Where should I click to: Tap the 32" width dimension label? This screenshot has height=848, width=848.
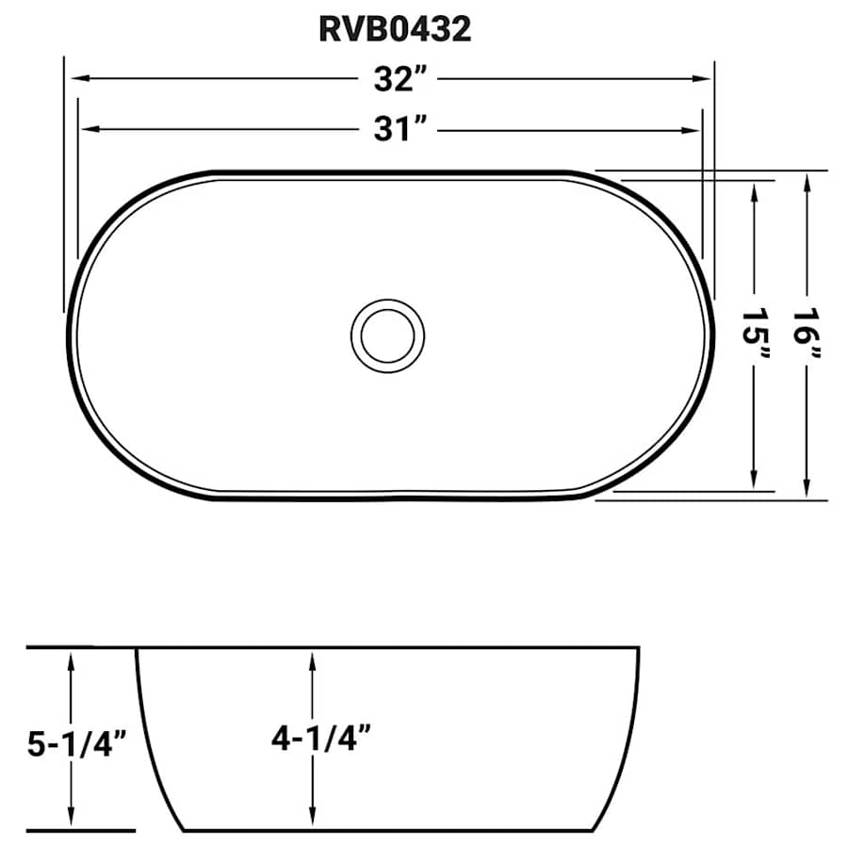[394, 80]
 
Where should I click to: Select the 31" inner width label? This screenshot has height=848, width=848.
[394, 129]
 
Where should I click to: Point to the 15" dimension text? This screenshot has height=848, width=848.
[755, 334]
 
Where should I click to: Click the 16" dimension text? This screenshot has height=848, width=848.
[807, 334]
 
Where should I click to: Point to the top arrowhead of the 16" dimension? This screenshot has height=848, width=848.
[807, 181]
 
